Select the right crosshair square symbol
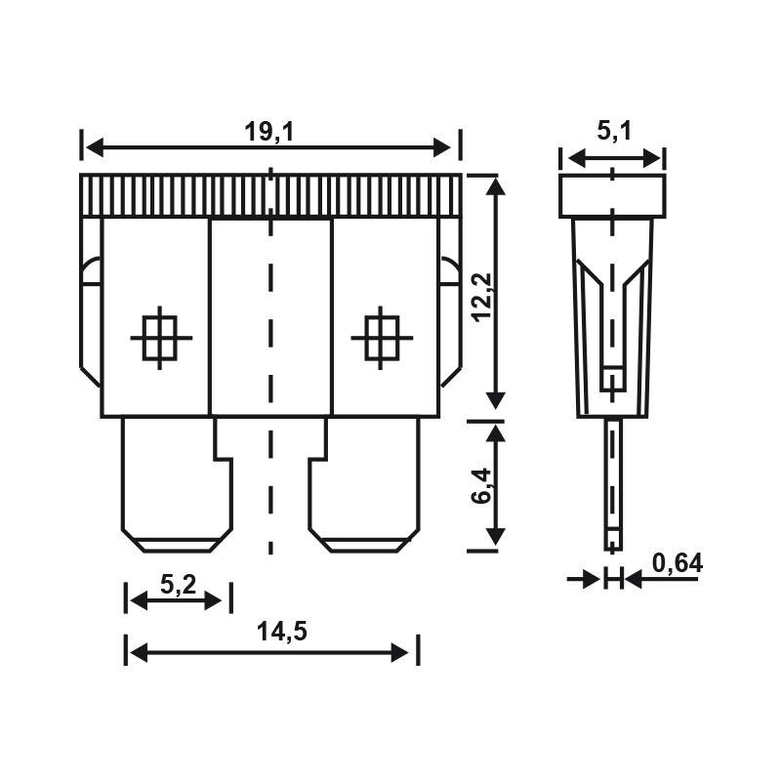381,337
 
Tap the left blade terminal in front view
178,483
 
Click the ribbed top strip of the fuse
269,195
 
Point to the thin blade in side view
612,483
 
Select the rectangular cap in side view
612,195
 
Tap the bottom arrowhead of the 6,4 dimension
497,537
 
